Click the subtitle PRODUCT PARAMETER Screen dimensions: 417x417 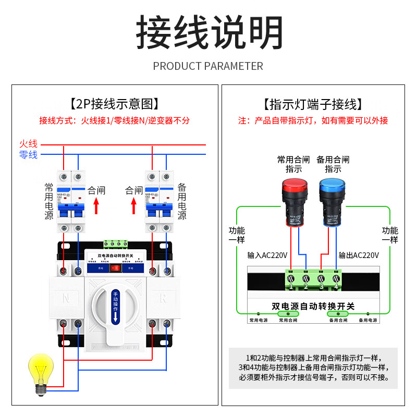208,66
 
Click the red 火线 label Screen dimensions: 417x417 28,143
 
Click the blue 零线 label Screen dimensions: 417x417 28,155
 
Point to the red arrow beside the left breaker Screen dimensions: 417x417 96,206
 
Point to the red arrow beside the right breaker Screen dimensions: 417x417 133,206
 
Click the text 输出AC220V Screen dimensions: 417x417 358,255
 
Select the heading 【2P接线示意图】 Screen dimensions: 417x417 115,104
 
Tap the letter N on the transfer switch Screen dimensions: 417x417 66,299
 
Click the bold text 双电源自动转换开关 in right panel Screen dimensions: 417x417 313,306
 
